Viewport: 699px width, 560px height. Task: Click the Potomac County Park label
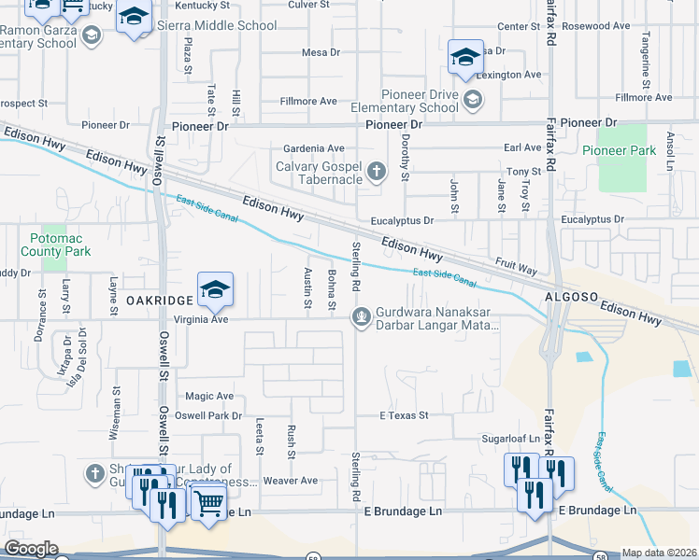point(55,245)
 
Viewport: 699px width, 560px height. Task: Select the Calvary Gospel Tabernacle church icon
point(376,171)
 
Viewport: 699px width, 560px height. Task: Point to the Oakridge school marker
point(215,291)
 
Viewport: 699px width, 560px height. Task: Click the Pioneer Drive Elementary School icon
point(473,98)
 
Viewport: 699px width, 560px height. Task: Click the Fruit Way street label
point(516,267)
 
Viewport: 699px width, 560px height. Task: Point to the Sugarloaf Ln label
point(510,437)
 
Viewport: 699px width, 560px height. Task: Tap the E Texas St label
point(403,414)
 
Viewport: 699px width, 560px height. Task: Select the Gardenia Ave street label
point(314,148)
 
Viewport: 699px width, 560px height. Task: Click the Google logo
point(31,549)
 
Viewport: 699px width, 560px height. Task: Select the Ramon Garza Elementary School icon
point(91,36)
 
